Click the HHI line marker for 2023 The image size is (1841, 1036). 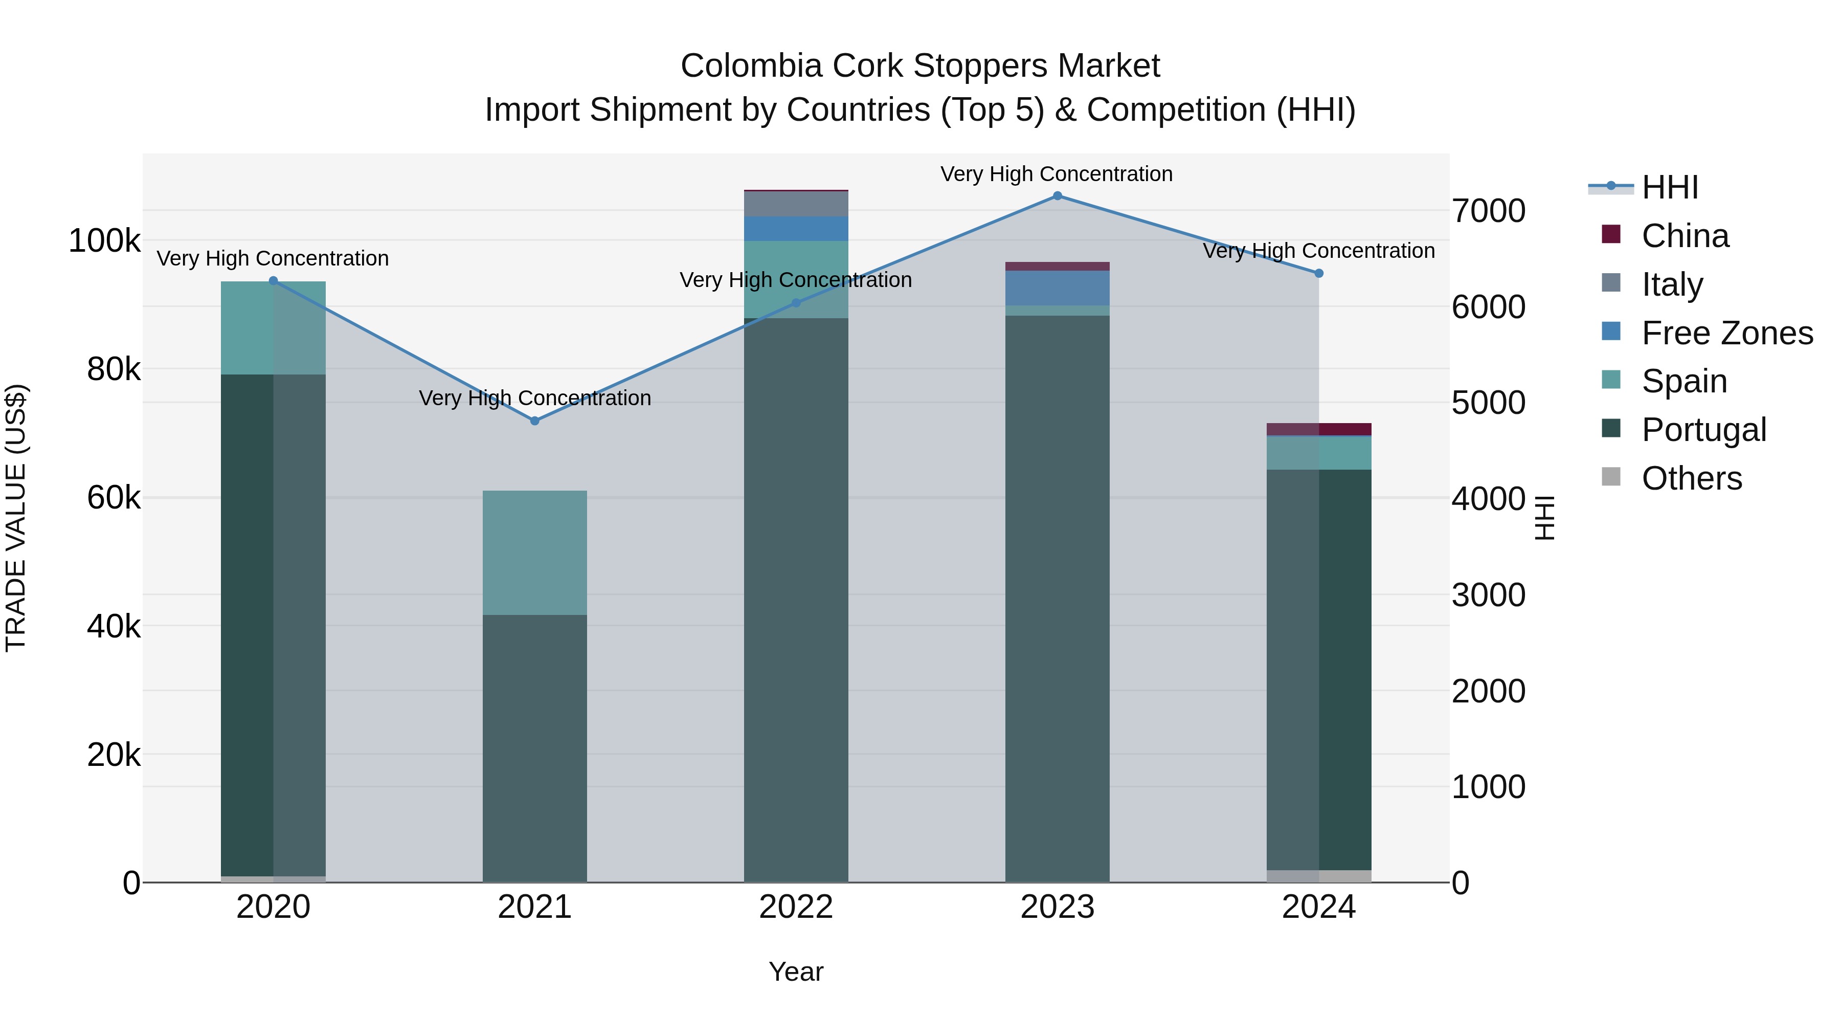[1057, 196]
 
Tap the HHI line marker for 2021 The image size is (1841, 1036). [534, 421]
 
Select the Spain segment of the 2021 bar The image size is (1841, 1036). [534, 553]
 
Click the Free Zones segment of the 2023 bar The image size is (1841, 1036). [1057, 288]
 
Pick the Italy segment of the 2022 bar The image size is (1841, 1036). [795, 204]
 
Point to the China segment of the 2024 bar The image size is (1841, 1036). [1318, 429]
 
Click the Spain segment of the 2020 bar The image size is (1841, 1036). [273, 327]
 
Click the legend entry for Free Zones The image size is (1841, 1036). [1726, 333]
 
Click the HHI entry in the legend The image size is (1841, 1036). [1670, 187]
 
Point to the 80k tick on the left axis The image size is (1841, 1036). [114, 370]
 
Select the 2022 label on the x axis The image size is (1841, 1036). [795, 907]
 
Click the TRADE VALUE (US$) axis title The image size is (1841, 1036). [16, 518]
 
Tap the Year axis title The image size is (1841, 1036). [795, 972]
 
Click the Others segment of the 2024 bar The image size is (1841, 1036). [1318, 876]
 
